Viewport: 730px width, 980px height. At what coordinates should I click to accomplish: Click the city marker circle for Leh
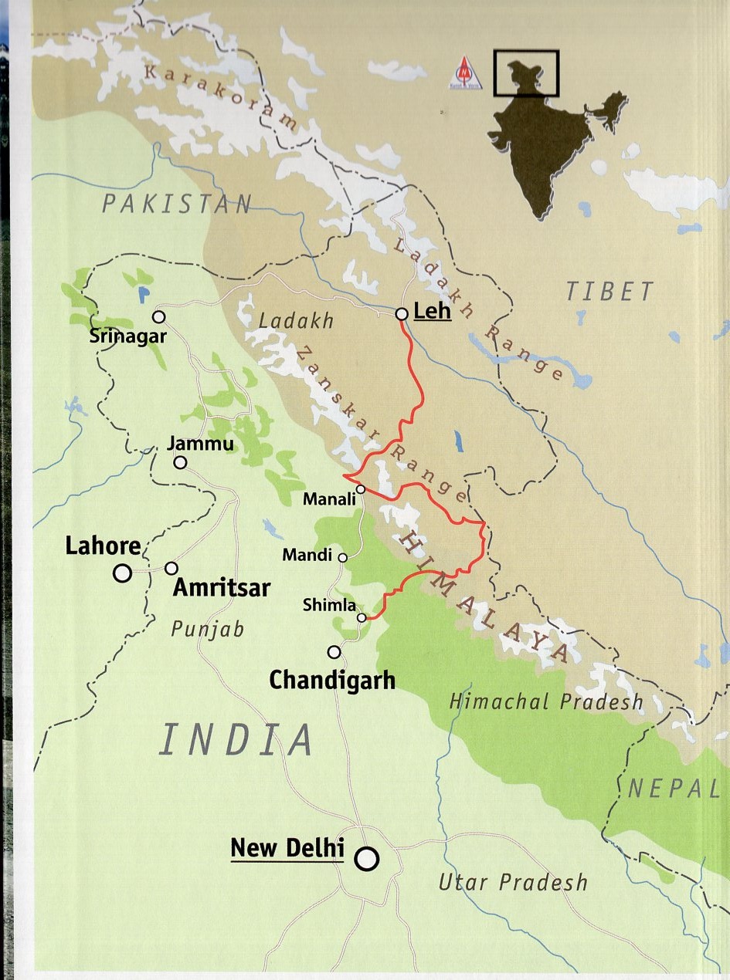point(402,314)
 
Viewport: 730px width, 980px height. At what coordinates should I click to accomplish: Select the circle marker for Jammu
point(180,462)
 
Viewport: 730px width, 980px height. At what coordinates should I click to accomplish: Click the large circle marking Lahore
point(122,573)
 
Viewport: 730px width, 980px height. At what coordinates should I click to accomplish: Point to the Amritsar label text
point(222,588)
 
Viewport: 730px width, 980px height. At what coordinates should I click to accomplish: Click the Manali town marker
point(361,488)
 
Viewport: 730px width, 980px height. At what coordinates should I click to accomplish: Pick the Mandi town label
point(307,555)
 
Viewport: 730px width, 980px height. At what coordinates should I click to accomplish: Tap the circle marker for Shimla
point(362,617)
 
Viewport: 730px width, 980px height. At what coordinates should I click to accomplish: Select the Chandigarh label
point(332,681)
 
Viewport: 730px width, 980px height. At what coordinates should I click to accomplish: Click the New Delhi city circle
point(367,858)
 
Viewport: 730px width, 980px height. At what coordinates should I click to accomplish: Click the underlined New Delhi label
point(287,847)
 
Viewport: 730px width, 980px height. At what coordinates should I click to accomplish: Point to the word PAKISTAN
point(178,204)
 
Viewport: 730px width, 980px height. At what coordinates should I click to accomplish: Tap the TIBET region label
point(609,292)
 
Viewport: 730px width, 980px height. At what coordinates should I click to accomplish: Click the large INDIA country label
point(236,740)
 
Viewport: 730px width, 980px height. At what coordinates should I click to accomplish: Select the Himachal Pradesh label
point(546,701)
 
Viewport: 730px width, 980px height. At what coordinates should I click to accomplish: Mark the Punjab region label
point(207,628)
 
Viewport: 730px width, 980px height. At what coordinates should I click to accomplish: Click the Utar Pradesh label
point(513,881)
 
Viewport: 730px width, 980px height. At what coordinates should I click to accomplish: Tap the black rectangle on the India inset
point(526,73)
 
